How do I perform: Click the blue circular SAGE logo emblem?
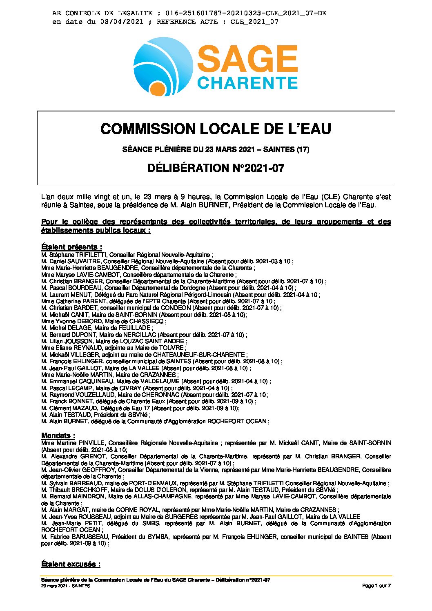[163, 67]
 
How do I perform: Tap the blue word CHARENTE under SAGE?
[247, 82]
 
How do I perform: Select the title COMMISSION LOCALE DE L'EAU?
[216, 129]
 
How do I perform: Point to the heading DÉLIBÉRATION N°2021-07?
[216, 168]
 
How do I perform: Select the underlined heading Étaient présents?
[71, 247]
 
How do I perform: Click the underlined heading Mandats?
[58, 435]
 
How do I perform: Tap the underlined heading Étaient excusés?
[71, 564]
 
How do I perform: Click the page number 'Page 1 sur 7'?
[376, 586]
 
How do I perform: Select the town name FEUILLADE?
[135, 328]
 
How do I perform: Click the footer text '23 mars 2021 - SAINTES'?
[66, 586]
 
